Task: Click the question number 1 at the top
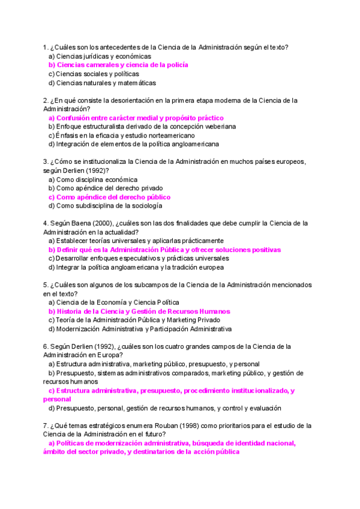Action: tap(45, 47)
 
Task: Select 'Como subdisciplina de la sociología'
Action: tap(105, 206)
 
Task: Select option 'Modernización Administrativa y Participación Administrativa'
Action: tap(144, 329)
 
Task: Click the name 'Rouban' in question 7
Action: tap(166, 426)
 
